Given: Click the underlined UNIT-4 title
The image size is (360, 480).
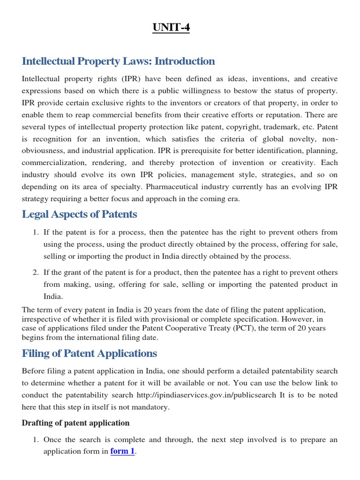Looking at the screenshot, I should tap(171, 28).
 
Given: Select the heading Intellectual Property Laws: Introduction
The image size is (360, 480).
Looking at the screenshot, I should tap(118, 61).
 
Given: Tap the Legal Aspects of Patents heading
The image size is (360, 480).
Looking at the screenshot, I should tap(79, 214).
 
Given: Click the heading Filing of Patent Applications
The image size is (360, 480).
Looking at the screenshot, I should tap(90, 353).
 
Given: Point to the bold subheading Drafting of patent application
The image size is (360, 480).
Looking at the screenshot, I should tap(75, 423).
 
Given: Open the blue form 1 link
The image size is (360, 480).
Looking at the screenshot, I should tap(122, 452).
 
